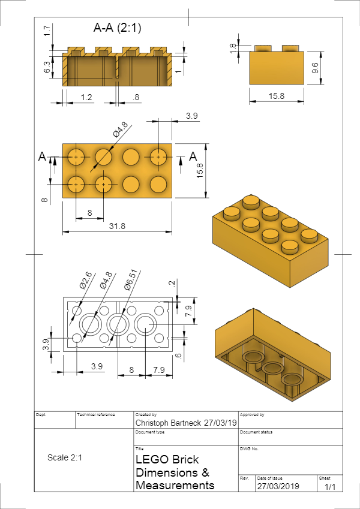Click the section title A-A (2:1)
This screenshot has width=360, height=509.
[118, 28]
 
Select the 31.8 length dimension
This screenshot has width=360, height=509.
[118, 226]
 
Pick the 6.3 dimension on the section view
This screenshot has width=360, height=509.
[47, 67]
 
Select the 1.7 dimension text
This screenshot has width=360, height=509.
[47, 31]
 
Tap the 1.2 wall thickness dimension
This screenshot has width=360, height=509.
[87, 97]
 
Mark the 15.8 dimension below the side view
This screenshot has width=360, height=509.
[275, 96]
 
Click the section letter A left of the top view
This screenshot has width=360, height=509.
[42, 156]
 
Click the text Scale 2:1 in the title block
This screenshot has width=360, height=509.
[64, 457]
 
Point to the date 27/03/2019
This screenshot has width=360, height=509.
[278, 486]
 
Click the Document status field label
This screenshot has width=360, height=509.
[257, 432]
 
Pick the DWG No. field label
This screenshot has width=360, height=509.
[249, 448]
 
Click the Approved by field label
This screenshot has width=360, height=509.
[252, 414]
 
